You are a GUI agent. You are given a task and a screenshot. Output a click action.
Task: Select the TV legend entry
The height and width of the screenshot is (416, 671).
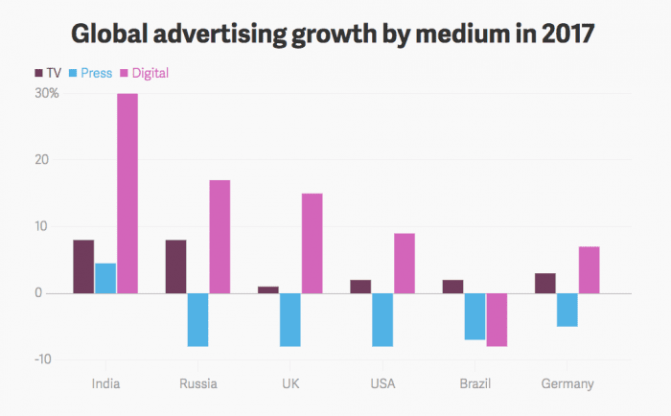point(48,73)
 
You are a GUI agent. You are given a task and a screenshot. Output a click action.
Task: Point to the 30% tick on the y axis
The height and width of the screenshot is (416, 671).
point(47,94)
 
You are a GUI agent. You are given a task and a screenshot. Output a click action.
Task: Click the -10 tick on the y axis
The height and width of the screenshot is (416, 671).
point(48,359)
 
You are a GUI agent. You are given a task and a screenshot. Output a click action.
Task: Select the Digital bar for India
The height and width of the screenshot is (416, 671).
point(127,193)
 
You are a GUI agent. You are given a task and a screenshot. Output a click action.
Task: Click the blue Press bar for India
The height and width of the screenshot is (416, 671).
point(105,278)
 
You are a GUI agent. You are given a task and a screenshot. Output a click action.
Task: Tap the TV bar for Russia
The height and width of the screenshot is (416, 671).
point(175,266)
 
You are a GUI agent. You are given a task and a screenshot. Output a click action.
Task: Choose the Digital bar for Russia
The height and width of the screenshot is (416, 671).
point(220,237)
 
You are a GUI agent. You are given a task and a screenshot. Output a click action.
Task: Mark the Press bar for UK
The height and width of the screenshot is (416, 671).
point(290,319)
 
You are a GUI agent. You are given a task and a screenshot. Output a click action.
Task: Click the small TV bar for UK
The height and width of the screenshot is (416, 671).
point(267,289)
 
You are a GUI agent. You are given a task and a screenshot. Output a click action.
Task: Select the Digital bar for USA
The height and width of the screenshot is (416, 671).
point(405,263)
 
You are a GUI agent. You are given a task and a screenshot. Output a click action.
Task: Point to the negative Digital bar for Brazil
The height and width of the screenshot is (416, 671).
point(497,319)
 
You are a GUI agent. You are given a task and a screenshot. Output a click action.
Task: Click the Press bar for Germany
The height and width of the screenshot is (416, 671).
point(567,310)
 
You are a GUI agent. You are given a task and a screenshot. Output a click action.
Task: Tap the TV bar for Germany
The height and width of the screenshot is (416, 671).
point(544,283)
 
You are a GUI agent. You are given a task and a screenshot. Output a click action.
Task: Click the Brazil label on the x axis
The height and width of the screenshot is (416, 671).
point(474,384)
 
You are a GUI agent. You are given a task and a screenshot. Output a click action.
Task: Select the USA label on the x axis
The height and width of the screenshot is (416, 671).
point(382,384)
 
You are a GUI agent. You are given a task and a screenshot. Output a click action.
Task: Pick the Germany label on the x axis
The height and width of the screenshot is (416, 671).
point(567,384)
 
